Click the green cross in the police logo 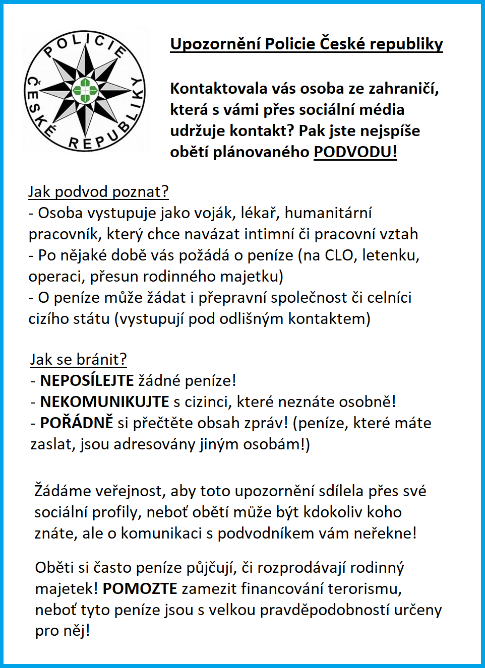click(x=85, y=91)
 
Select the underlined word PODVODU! click(x=355, y=152)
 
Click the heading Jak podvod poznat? click(x=98, y=192)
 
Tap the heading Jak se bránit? click(x=78, y=360)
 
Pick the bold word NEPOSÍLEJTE click(x=87, y=381)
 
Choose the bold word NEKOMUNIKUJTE click(x=104, y=402)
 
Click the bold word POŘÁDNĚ click(x=77, y=423)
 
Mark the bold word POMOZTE click(x=140, y=589)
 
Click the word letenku click(x=390, y=255)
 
